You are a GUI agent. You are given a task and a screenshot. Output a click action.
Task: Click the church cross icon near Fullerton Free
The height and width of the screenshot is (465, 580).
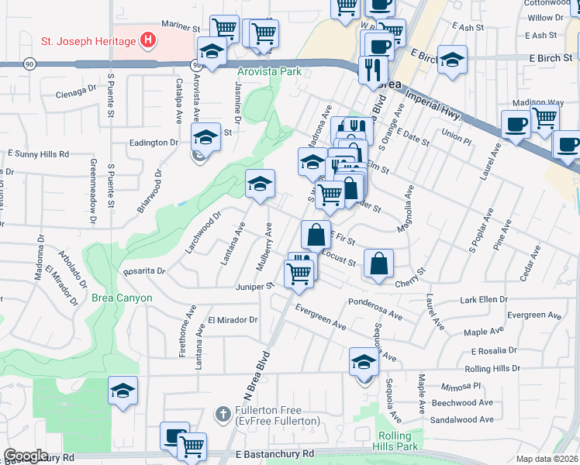(223, 412)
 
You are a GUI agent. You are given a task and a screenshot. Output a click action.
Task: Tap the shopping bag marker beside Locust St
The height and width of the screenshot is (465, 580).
(378, 263)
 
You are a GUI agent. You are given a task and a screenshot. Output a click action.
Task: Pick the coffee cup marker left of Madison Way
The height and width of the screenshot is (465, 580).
(516, 124)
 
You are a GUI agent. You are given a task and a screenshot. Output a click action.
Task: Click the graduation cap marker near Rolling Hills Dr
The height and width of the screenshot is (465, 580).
(363, 362)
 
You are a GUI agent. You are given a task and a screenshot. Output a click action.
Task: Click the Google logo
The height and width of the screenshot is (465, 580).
(26, 456)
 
